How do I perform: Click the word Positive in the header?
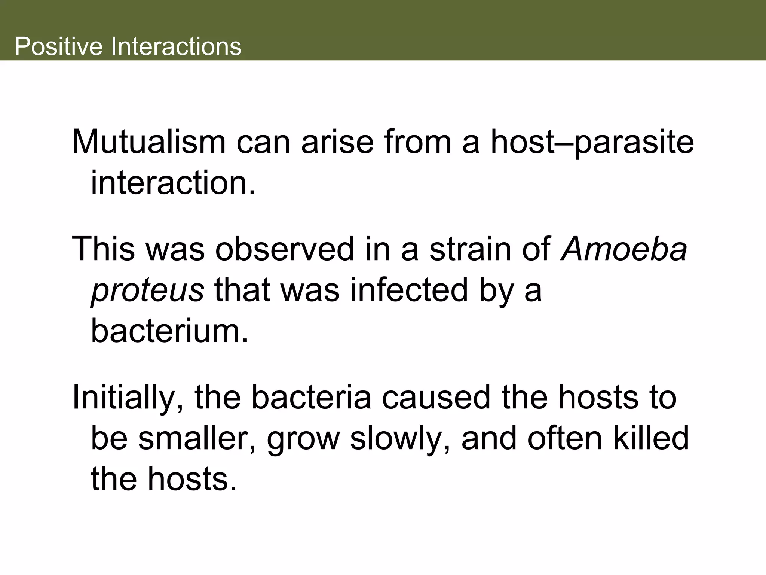(x=58, y=46)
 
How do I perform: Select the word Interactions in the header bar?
(x=176, y=46)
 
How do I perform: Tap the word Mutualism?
(x=148, y=142)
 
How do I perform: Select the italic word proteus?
(x=147, y=291)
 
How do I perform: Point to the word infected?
(x=409, y=290)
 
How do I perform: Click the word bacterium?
(x=169, y=331)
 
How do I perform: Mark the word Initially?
(x=128, y=398)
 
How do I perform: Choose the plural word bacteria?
(x=311, y=397)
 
